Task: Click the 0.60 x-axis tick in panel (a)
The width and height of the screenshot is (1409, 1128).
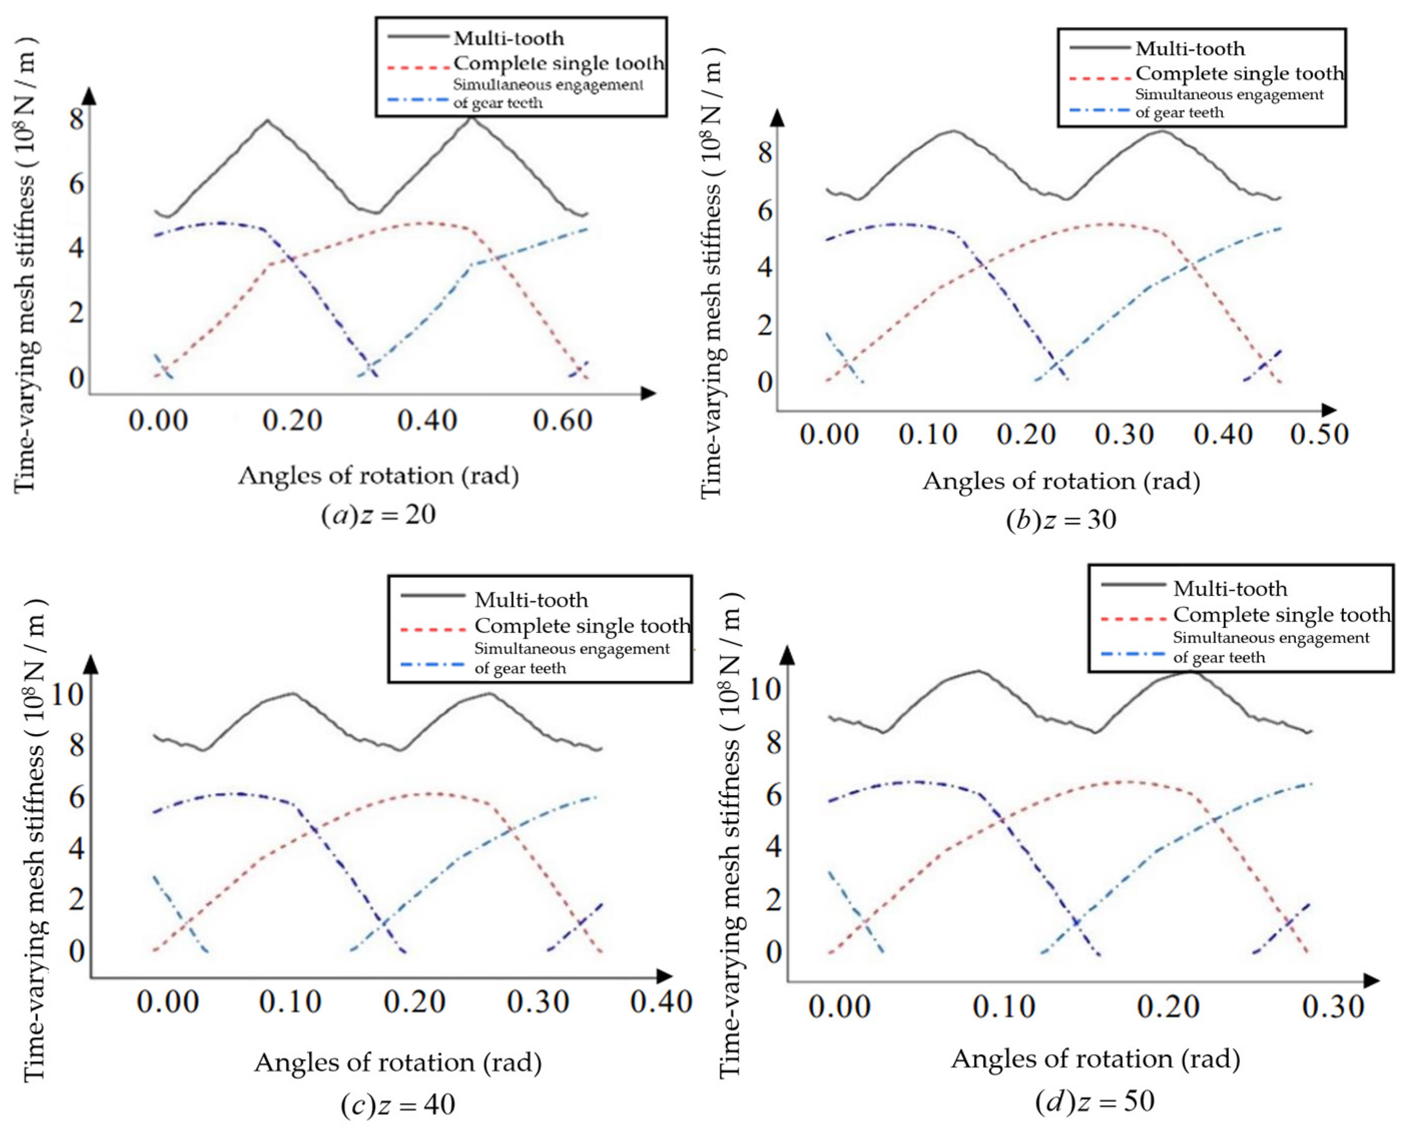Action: tap(562, 421)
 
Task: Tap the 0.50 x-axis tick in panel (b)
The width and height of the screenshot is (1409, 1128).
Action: tap(1319, 434)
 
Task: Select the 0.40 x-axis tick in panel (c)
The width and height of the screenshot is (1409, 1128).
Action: tap(661, 1001)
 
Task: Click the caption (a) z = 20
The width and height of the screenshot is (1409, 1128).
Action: tap(379, 515)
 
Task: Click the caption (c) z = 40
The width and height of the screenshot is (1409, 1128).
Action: tap(398, 1105)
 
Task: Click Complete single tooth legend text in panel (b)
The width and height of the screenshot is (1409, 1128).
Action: tap(1239, 73)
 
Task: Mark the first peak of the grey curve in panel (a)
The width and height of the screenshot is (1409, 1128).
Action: tap(267, 121)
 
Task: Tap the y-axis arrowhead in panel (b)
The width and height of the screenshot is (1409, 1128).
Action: tap(777, 118)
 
